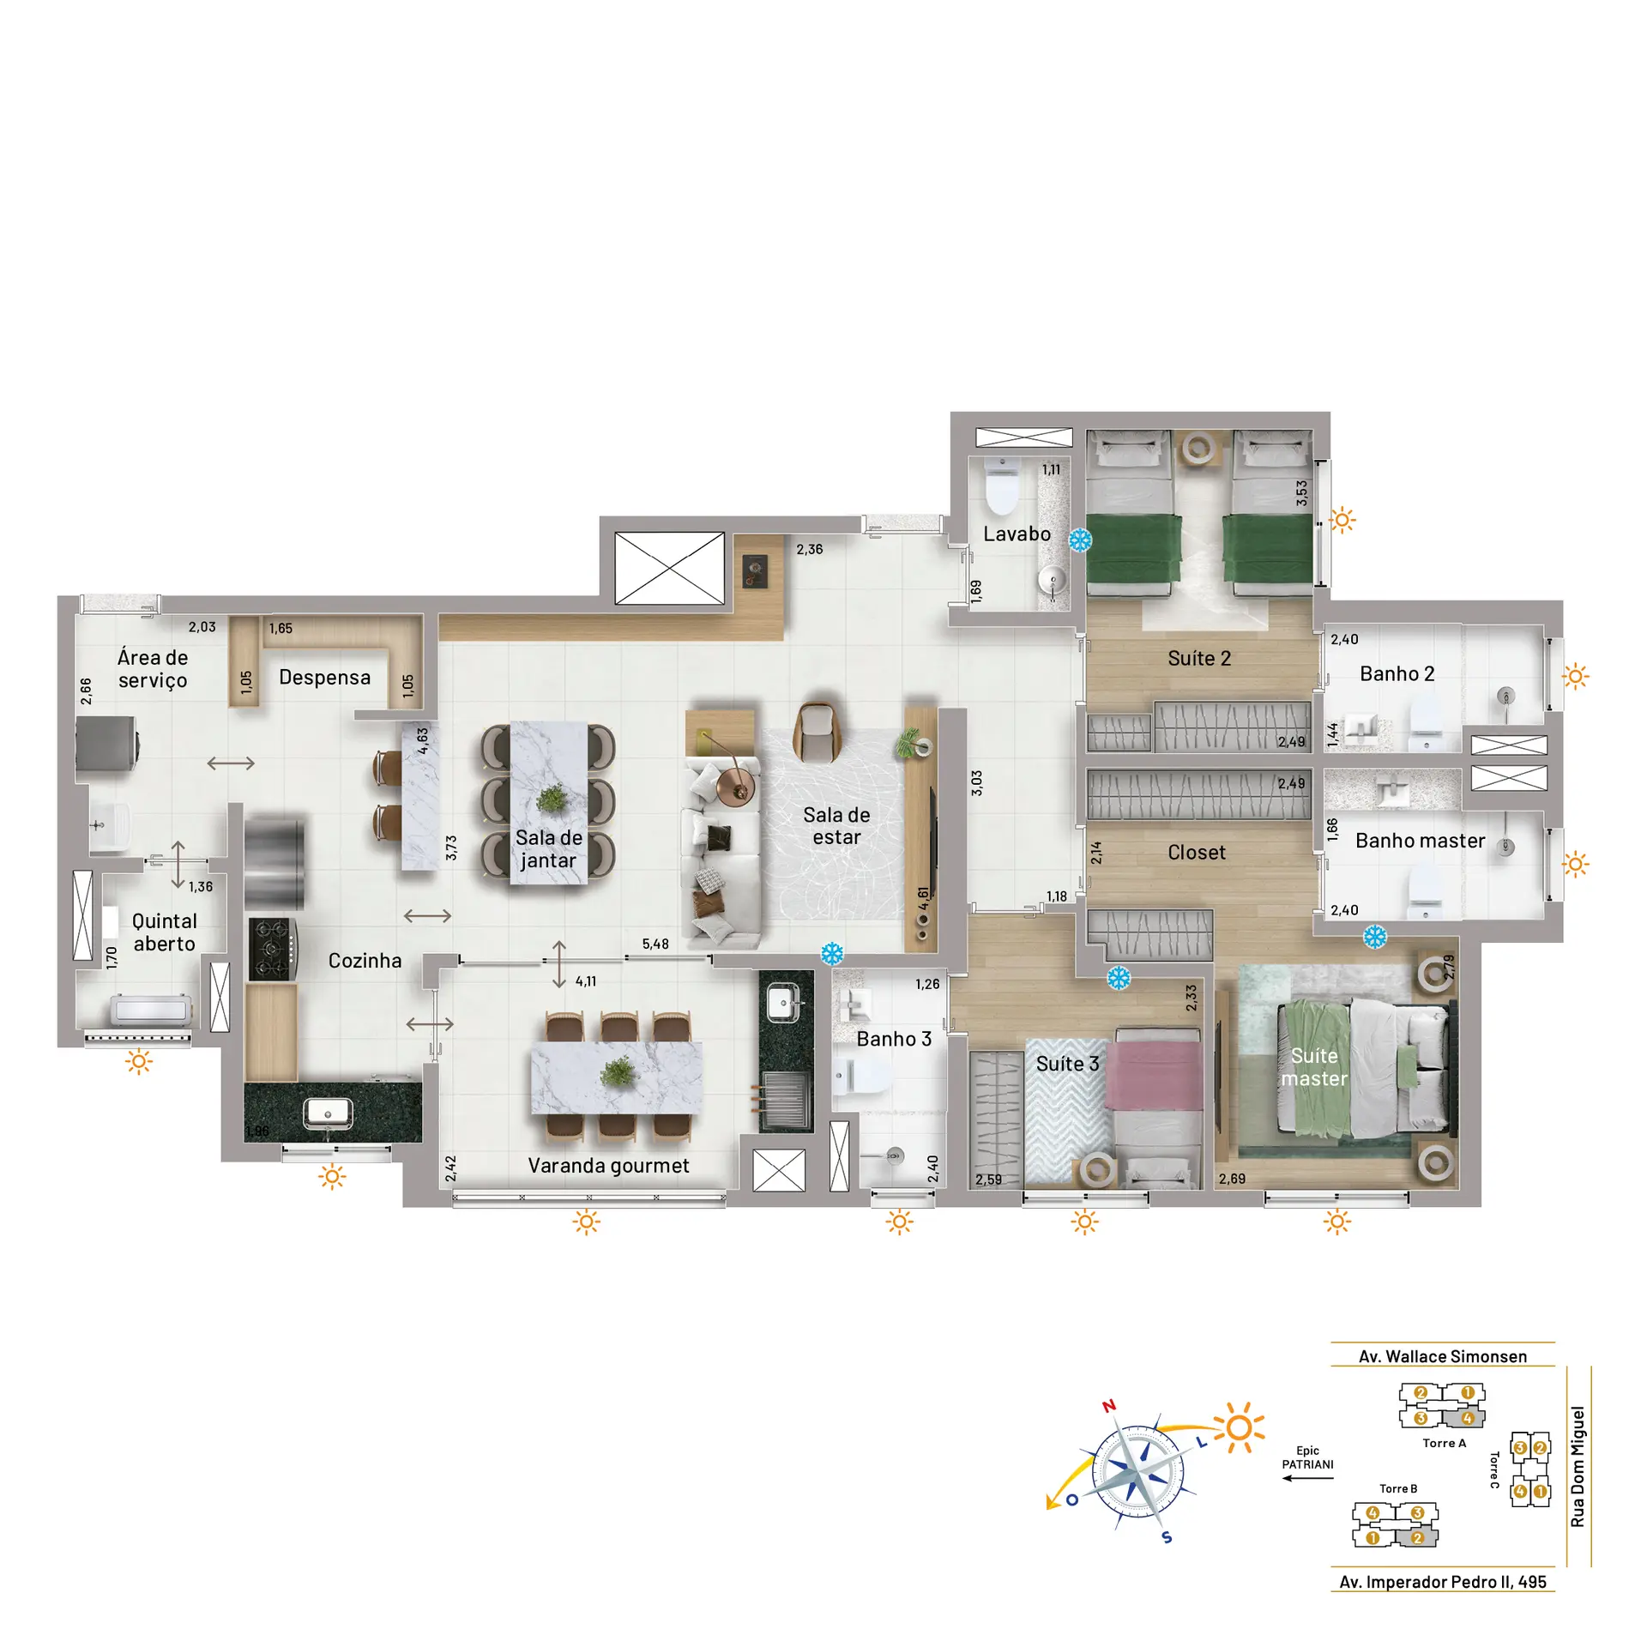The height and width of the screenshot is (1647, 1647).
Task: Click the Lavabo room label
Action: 1017,534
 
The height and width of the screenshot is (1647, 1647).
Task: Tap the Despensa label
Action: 324,678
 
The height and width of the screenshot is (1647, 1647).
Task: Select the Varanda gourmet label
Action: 608,1166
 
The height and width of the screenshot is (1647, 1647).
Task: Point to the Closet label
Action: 1197,853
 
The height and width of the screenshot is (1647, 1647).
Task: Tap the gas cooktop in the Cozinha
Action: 273,949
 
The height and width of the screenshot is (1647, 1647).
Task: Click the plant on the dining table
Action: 551,799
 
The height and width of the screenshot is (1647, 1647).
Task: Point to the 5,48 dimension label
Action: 655,944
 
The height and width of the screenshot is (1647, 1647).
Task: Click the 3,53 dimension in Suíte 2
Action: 1301,493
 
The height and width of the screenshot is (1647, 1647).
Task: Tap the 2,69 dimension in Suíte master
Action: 1232,1179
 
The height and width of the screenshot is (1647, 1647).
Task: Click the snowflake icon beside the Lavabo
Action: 1080,540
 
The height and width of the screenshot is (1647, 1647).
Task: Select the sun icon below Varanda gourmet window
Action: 587,1222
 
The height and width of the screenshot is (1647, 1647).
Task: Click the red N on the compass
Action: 1109,1406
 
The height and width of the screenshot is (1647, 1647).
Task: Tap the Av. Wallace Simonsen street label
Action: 1443,1357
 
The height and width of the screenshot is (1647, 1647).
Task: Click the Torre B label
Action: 1398,1488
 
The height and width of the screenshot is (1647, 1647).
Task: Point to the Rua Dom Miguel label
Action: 1578,1467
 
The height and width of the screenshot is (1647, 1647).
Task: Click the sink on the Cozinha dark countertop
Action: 328,1113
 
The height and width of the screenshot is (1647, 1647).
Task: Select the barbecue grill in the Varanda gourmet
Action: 784,1100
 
